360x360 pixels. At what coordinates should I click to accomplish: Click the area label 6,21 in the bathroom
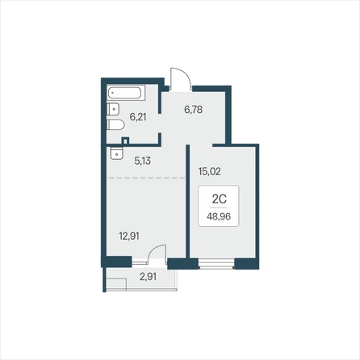point(138,117)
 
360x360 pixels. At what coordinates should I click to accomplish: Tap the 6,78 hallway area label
point(193,110)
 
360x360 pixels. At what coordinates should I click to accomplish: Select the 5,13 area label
point(142,161)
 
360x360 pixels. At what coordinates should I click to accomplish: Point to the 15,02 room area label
point(209,171)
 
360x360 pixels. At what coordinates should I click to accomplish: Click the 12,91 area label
point(129,237)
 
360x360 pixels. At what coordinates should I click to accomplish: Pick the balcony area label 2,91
point(148,276)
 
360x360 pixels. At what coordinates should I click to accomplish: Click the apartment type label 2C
point(219,199)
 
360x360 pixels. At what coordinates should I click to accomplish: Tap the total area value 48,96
point(219,216)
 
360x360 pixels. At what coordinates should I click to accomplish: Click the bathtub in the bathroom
point(126,93)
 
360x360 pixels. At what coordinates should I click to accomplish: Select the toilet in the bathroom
point(115,125)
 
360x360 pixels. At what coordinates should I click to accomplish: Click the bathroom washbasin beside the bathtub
point(113,109)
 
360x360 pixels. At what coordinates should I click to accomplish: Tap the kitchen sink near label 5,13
point(116,153)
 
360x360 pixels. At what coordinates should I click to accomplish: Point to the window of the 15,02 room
point(216,264)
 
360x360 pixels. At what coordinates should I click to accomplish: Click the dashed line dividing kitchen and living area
point(147,178)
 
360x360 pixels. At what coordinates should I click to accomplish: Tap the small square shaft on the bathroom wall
point(125,140)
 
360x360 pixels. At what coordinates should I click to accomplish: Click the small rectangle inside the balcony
point(116,284)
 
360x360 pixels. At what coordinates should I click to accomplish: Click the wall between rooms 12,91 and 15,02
point(188,201)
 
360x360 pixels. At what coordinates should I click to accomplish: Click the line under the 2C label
point(219,207)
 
